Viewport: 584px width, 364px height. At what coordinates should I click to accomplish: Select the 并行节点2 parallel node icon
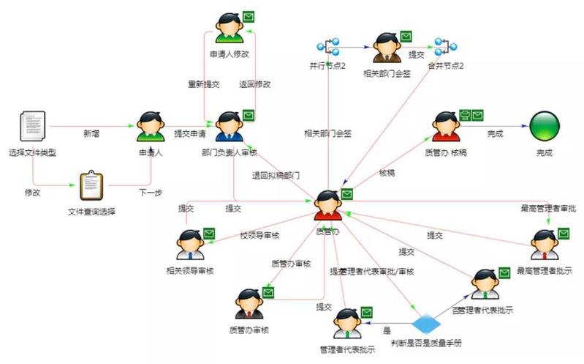click(327, 48)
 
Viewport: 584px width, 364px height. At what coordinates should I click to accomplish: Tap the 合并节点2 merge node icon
click(444, 48)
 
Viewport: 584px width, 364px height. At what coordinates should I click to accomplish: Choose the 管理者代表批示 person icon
click(347, 323)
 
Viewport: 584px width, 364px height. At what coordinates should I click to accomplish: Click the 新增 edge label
click(91, 133)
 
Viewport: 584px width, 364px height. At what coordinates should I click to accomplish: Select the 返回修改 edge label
click(254, 83)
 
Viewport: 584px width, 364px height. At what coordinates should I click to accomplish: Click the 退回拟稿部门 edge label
click(276, 176)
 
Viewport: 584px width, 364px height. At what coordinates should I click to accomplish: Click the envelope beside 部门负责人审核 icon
click(249, 115)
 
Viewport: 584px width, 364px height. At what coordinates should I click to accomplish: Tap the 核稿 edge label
click(387, 174)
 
